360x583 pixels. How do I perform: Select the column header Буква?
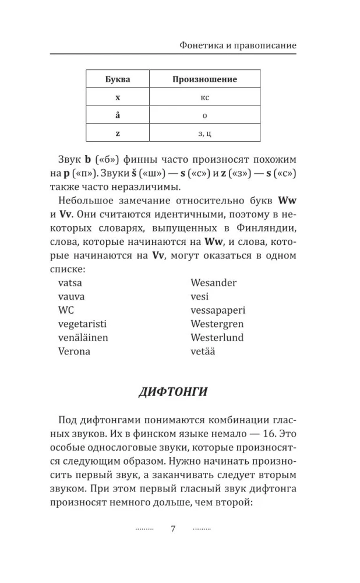(x=117, y=79)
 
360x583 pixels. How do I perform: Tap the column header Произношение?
(x=204, y=79)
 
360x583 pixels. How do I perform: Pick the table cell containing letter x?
(x=117, y=97)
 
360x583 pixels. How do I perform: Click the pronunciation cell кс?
(x=204, y=97)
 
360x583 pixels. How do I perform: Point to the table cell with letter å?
(x=117, y=115)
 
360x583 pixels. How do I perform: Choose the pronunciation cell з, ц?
(x=204, y=133)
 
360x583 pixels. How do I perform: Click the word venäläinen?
(x=83, y=338)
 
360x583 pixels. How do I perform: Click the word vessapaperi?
(x=218, y=310)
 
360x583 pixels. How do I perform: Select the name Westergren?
(x=217, y=324)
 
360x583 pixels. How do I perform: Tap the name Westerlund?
(x=217, y=338)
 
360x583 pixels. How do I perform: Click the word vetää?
(x=203, y=351)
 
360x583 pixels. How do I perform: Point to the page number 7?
(x=172, y=529)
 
